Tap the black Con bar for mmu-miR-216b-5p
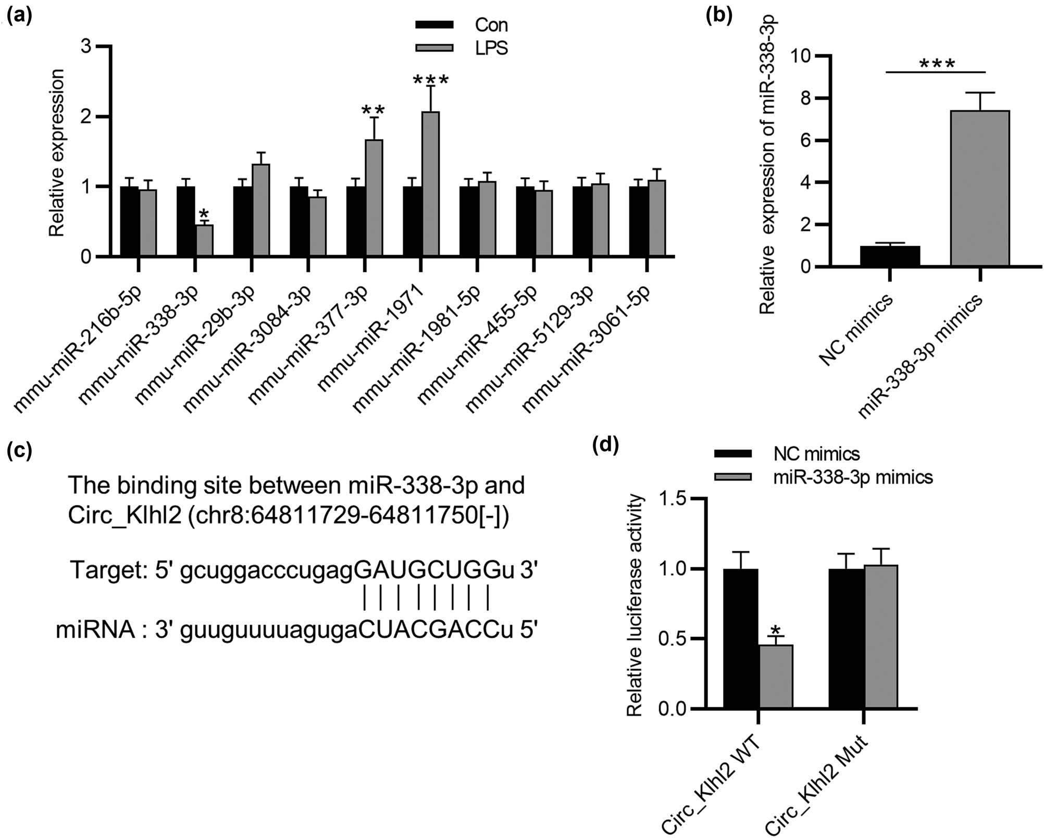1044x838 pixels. click(x=129, y=221)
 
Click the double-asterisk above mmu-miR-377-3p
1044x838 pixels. click(x=373, y=110)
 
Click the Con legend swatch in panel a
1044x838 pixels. click(x=434, y=24)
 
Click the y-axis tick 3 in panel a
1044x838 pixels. click(x=86, y=46)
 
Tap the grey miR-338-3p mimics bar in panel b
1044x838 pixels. click(x=980, y=188)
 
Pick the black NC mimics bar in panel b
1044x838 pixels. click(x=890, y=256)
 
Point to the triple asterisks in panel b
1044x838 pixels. click(x=937, y=65)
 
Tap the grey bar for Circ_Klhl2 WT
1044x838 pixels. click(x=776, y=676)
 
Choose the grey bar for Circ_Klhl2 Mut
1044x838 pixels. click(x=881, y=636)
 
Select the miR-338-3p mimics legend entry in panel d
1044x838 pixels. click(x=852, y=477)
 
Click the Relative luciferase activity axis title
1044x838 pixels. click(x=634, y=606)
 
